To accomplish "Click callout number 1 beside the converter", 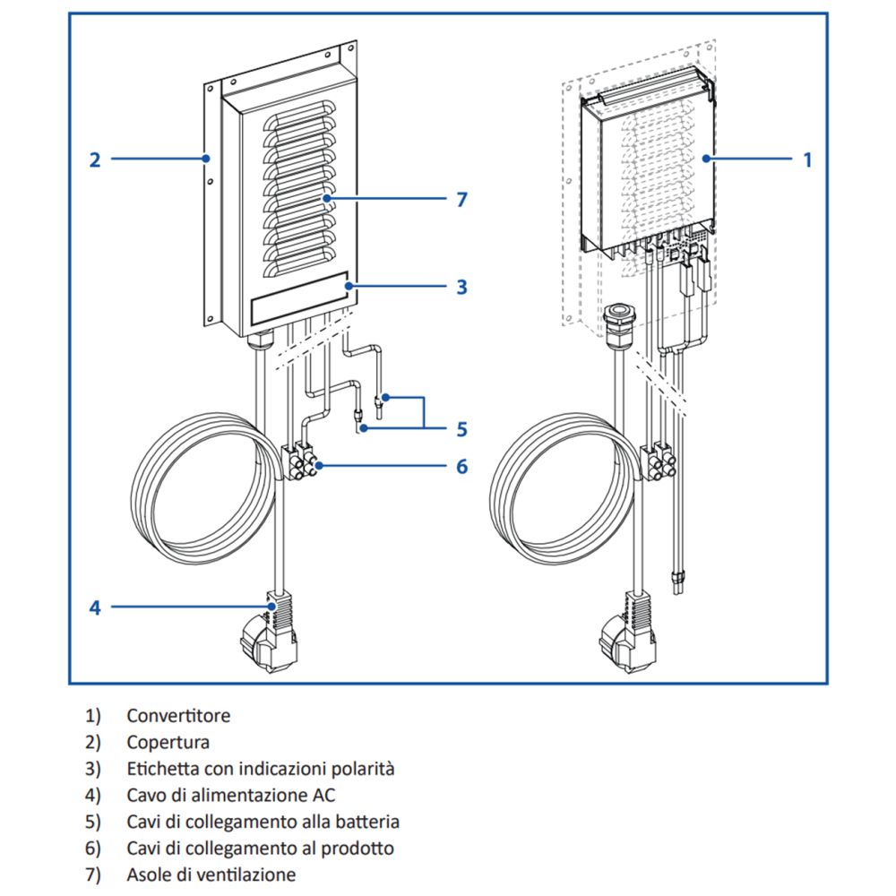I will tap(807, 159).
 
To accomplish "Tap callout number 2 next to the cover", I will tap(95, 159).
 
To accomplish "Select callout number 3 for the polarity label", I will tap(461, 287).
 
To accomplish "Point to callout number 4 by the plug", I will tap(95, 607).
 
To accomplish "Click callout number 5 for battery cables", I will tap(461, 429).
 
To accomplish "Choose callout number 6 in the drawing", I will tap(461, 467).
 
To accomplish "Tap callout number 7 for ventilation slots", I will tap(461, 199).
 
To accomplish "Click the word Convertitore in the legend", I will tap(178, 716).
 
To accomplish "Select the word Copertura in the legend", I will tap(168, 743).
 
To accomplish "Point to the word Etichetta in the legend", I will tap(162, 769).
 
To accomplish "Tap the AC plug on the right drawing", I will tap(628, 641).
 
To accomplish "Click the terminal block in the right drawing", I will tap(660, 459).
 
